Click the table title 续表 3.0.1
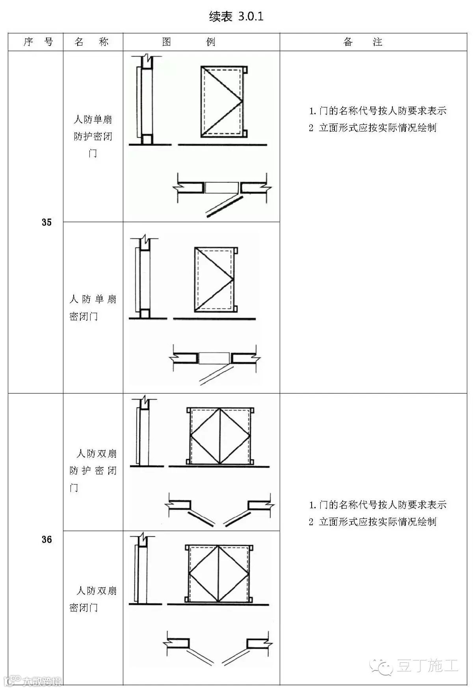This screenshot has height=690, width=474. click(236, 16)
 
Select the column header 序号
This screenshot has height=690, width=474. click(38, 42)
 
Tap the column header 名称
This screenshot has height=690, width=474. click(91, 42)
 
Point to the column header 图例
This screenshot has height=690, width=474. click(189, 42)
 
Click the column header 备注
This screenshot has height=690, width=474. click(363, 42)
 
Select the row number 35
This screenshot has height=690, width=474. click(46, 222)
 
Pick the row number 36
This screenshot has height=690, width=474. click(46, 539)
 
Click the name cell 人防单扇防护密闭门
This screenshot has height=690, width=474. click(93, 136)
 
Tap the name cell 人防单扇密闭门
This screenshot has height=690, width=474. click(93, 307)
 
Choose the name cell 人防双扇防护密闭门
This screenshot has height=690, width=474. click(93, 470)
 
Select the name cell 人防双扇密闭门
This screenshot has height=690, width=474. click(93, 599)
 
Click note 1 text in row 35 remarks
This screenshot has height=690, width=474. click(377, 111)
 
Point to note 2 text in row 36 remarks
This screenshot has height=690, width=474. click(373, 522)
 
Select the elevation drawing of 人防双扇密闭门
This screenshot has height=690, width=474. click(219, 574)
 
